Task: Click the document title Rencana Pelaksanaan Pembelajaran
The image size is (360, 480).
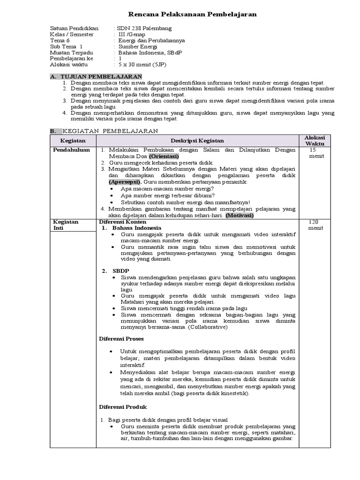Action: (x=193, y=15)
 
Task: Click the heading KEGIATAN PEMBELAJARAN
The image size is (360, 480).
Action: (x=110, y=130)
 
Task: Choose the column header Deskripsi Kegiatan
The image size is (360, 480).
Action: (x=196, y=141)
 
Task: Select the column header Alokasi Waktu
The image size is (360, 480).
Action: (x=317, y=141)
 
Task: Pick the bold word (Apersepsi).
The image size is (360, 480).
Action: (x=125, y=181)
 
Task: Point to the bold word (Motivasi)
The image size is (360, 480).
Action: (x=239, y=216)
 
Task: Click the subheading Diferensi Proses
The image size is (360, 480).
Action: (x=121, y=338)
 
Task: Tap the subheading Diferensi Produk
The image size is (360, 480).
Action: (x=123, y=407)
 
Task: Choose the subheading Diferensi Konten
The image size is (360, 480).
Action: (x=123, y=221)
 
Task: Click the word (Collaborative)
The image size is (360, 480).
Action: (x=204, y=327)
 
